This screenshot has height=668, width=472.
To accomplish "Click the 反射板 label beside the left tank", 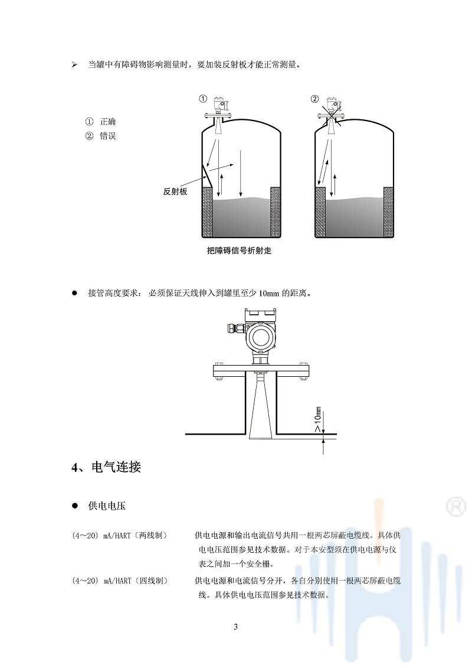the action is point(175,192).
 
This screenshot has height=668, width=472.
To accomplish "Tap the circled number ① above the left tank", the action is point(203,99).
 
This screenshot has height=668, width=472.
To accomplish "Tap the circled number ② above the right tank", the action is point(314,99).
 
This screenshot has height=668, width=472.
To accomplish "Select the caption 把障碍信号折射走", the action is point(239,250).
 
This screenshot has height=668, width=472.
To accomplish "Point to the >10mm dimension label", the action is point(318,419).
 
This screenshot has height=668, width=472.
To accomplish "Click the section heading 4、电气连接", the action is point(106,467).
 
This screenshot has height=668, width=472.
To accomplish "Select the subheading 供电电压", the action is point(107,506).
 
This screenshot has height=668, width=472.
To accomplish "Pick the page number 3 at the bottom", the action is point(236,627).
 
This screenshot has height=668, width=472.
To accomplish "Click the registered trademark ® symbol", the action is point(456,507).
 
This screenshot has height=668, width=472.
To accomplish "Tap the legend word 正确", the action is point(108,122).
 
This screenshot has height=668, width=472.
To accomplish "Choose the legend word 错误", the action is point(108,136).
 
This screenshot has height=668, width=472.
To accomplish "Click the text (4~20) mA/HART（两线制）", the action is point(120,536).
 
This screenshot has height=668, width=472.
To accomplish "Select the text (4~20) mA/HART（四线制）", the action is point(120,580).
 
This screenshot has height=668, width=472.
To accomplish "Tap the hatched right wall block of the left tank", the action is point(276,212).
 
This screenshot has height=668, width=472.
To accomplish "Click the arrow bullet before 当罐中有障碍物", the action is point(74,65).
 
